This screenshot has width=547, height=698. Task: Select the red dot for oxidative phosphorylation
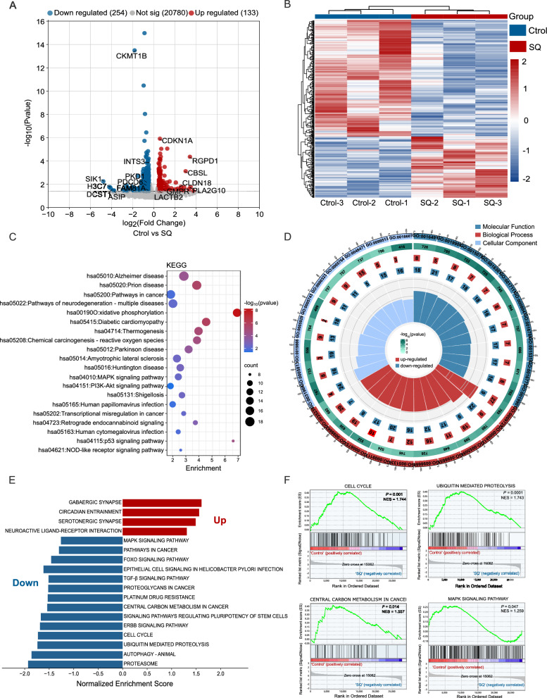(x=237, y=312)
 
